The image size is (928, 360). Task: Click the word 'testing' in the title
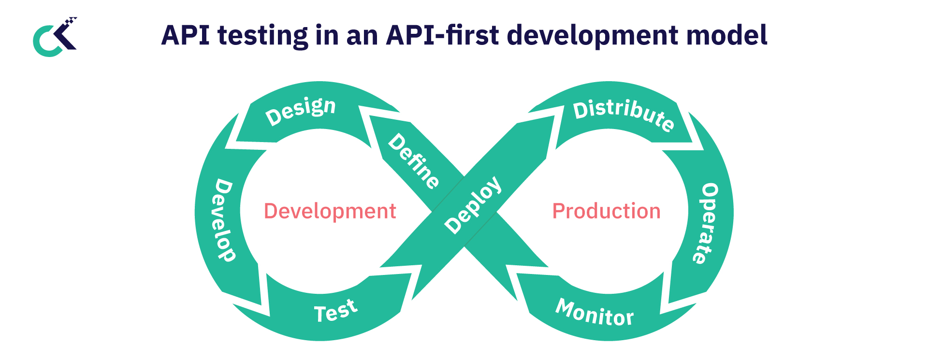(262, 36)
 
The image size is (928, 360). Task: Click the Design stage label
(301, 111)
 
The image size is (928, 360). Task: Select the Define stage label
(414, 161)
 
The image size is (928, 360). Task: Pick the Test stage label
(336, 311)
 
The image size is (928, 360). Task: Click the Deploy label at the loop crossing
(473, 205)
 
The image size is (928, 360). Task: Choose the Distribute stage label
(623, 114)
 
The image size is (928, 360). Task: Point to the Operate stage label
(706, 223)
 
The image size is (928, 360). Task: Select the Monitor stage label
(594, 313)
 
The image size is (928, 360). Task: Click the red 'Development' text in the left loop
(330, 211)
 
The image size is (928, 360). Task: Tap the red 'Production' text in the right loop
(606, 211)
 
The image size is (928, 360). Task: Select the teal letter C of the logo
(43, 43)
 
